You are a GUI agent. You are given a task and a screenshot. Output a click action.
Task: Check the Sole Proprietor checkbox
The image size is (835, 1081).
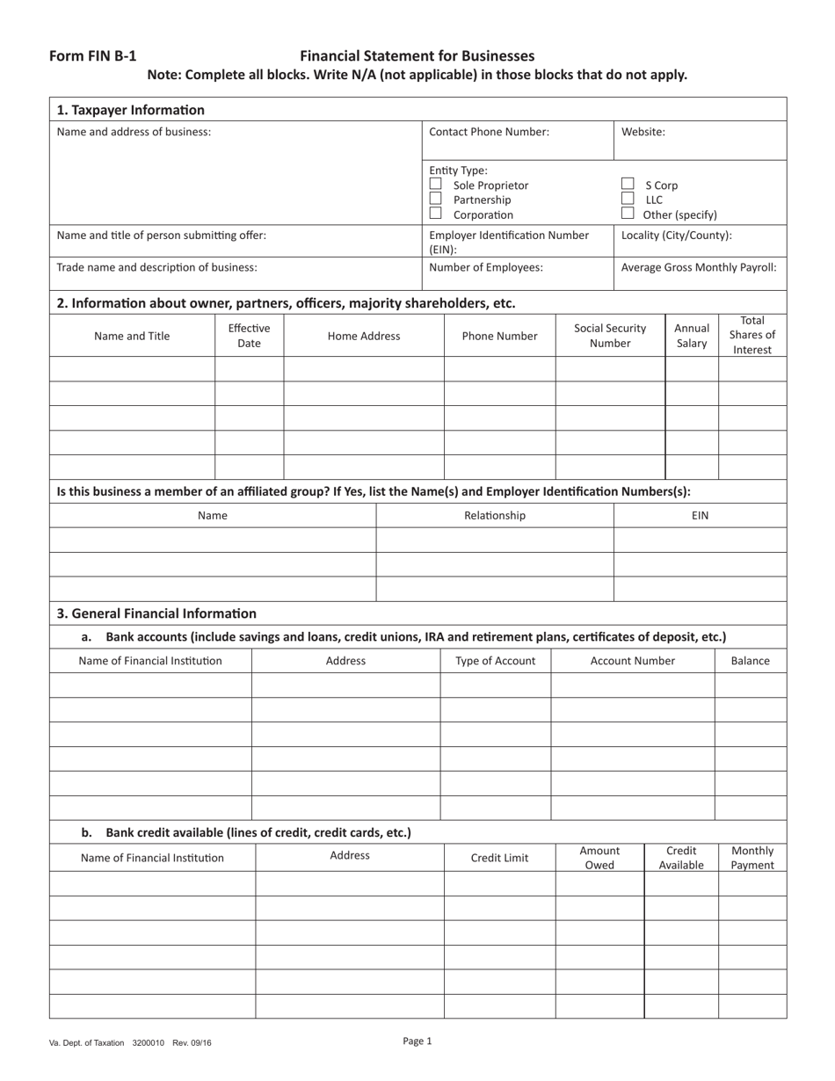click(435, 185)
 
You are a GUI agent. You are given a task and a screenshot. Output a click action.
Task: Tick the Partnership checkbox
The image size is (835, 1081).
click(435, 200)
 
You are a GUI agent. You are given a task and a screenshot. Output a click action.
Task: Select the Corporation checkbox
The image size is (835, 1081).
click(435, 214)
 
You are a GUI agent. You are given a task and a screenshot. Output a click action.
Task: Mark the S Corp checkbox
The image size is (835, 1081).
click(628, 185)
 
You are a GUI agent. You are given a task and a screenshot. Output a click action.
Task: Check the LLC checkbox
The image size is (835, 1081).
click(628, 200)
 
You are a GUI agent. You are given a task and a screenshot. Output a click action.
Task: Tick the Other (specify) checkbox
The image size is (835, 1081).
click(628, 214)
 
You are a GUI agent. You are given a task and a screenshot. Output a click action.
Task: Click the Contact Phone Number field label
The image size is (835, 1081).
click(489, 132)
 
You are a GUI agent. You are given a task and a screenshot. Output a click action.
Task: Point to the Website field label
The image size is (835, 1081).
click(643, 132)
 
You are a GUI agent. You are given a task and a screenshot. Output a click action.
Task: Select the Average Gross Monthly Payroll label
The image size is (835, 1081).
click(699, 267)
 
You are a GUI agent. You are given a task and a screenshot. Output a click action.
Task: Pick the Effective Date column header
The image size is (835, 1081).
click(249, 336)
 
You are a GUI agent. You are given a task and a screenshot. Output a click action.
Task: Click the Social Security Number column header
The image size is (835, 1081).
click(610, 336)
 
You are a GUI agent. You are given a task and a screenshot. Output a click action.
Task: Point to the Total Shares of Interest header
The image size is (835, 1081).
click(752, 335)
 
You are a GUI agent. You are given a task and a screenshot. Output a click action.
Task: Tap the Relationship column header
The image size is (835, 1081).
click(495, 516)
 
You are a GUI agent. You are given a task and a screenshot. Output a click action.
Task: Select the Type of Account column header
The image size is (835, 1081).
click(495, 661)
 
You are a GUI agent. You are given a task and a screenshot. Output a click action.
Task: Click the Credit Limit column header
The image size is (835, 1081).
click(499, 858)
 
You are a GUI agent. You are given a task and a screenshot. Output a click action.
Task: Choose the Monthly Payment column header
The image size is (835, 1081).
click(752, 858)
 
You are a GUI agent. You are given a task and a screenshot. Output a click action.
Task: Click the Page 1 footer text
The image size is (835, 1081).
click(417, 1041)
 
